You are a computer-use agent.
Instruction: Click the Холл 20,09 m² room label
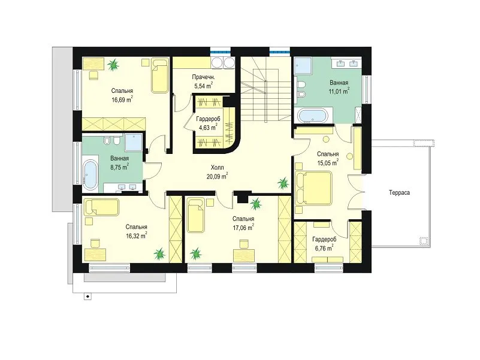pos(217,172)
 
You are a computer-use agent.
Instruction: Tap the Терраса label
pos(399,192)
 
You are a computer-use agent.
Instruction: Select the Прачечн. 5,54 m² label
pos(203,81)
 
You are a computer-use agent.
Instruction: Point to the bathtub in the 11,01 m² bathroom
pos(313,116)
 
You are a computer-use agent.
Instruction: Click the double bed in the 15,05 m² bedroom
pos(314,188)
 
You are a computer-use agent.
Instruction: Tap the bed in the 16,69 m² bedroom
pos(160,75)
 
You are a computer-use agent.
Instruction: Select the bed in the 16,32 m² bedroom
pos(102,207)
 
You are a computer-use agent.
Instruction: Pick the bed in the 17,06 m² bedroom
pos(196,215)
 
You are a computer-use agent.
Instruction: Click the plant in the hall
pos(283,183)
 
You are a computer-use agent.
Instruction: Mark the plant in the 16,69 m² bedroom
pos(113,65)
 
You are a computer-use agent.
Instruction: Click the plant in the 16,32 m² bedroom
pos(159,253)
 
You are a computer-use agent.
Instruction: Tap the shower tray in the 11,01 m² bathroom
pos(303,65)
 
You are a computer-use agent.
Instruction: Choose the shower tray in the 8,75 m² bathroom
pos(134,142)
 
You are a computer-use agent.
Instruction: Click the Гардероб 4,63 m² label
pos(208,123)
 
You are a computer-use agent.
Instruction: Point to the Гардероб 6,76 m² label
pos(324,244)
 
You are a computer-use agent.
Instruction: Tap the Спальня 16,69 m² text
pos(122,95)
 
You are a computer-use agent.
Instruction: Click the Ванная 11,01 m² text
pos(339,87)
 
